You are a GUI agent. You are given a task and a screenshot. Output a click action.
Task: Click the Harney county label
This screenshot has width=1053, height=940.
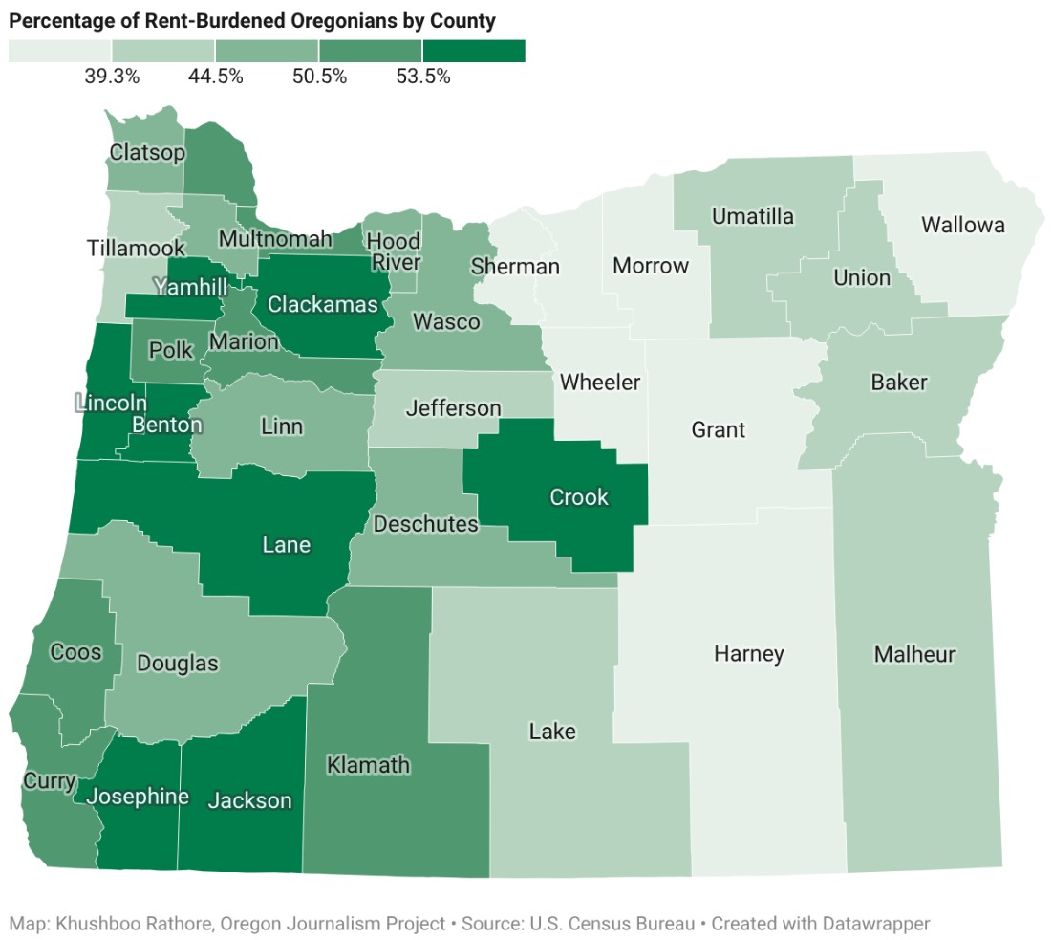pyautogui.click(x=748, y=654)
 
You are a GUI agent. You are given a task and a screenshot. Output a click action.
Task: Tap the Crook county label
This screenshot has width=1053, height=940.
pyautogui.click(x=579, y=497)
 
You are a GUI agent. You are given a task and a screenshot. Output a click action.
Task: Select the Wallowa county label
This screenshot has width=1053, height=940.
pyautogui.click(x=962, y=226)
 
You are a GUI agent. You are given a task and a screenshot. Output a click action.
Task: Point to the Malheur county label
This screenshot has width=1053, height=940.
pyautogui.click(x=913, y=655)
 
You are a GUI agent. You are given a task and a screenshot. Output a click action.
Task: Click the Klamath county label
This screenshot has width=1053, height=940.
pyautogui.click(x=368, y=765)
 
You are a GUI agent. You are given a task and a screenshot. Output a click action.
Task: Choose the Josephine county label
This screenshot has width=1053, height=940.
pyautogui.click(x=138, y=797)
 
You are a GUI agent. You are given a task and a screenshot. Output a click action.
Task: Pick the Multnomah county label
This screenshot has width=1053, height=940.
pyautogui.click(x=275, y=239)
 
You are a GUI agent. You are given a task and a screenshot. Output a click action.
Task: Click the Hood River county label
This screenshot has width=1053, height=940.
pyautogui.click(x=393, y=251)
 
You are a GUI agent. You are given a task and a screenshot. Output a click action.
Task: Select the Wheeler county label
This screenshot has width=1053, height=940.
pyautogui.click(x=599, y=383)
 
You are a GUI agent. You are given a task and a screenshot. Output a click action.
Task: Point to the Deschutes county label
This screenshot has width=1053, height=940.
pyautogui.click(x=425, y=524)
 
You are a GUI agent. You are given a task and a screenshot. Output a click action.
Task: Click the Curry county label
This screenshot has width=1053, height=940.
pyautogui.click(x=49, y=781)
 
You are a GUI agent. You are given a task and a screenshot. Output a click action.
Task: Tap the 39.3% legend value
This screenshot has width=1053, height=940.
pyautogui.click(x=112, y=77)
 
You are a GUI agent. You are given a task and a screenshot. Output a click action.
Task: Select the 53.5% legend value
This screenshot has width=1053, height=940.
pyautogui.click(x=422, y=77)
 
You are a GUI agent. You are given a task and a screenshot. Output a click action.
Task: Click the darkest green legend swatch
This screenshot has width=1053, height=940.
pyautogui.click(x=474, y=51)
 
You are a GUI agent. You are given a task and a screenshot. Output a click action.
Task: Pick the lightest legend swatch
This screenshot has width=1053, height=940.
pyautogui.click(x=59, y=51)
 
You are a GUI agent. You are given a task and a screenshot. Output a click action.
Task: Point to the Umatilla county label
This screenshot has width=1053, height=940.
pyautogui.click(x=752, y=217)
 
